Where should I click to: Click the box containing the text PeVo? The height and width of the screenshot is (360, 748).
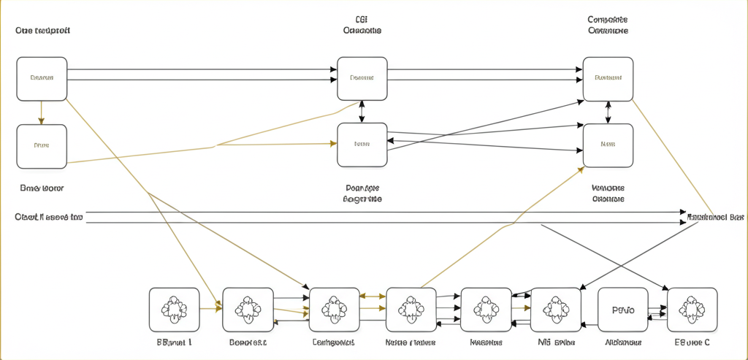pos(622,310)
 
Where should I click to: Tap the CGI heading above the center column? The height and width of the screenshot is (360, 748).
pos(362,26)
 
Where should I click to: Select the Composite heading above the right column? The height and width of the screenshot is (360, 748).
pos(608,26)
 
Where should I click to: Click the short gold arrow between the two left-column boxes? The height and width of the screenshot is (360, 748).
pos(42,112)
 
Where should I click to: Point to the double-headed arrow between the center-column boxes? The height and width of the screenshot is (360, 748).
pos(362,112)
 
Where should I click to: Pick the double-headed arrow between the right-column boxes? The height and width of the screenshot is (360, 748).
pos(608,112)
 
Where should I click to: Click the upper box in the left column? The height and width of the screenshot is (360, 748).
pos(42,79)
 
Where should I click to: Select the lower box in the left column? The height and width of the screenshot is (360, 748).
pos(42,146)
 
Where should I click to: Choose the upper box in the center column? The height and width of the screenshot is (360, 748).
pos(362,79)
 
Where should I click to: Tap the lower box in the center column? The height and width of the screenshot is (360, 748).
pos(362,145)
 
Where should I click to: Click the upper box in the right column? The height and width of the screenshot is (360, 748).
pos(608,79)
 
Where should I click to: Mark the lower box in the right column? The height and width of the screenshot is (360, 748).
pos(608,145)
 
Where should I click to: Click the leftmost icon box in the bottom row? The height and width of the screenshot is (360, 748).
pos(174,310)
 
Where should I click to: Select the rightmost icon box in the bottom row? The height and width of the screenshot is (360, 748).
pos(692,310)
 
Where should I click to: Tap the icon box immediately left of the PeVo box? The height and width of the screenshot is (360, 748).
pos(555,310)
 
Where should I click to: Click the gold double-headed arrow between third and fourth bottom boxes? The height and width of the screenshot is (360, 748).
pos(373,296)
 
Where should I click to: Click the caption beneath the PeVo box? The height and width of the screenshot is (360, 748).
pos(623,342)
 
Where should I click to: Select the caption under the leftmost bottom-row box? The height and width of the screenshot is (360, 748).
pos(174,342)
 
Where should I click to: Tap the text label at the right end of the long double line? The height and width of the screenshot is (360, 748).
pos(716,218)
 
